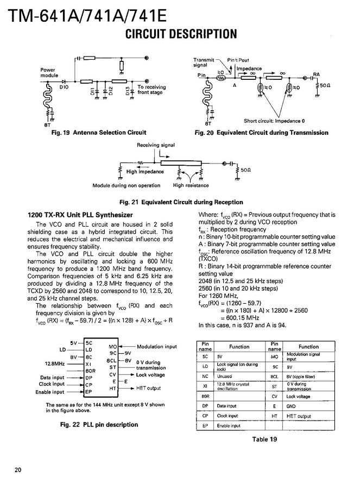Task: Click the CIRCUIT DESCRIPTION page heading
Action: pos(181,34)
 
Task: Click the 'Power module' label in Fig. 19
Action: pos(49,72)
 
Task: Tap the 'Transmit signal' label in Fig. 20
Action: pos(204,62)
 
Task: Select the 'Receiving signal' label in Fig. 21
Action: pos(156,146)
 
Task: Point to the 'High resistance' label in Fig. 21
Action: pos(191,185)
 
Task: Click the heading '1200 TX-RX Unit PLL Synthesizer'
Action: pos(80,215)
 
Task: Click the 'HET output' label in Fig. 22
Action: pos(148,388)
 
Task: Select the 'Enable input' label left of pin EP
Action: pos(50,392)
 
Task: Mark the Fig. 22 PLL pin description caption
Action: pos(99,424)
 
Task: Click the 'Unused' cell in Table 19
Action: pos(224,376)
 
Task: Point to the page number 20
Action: pos(18,470)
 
